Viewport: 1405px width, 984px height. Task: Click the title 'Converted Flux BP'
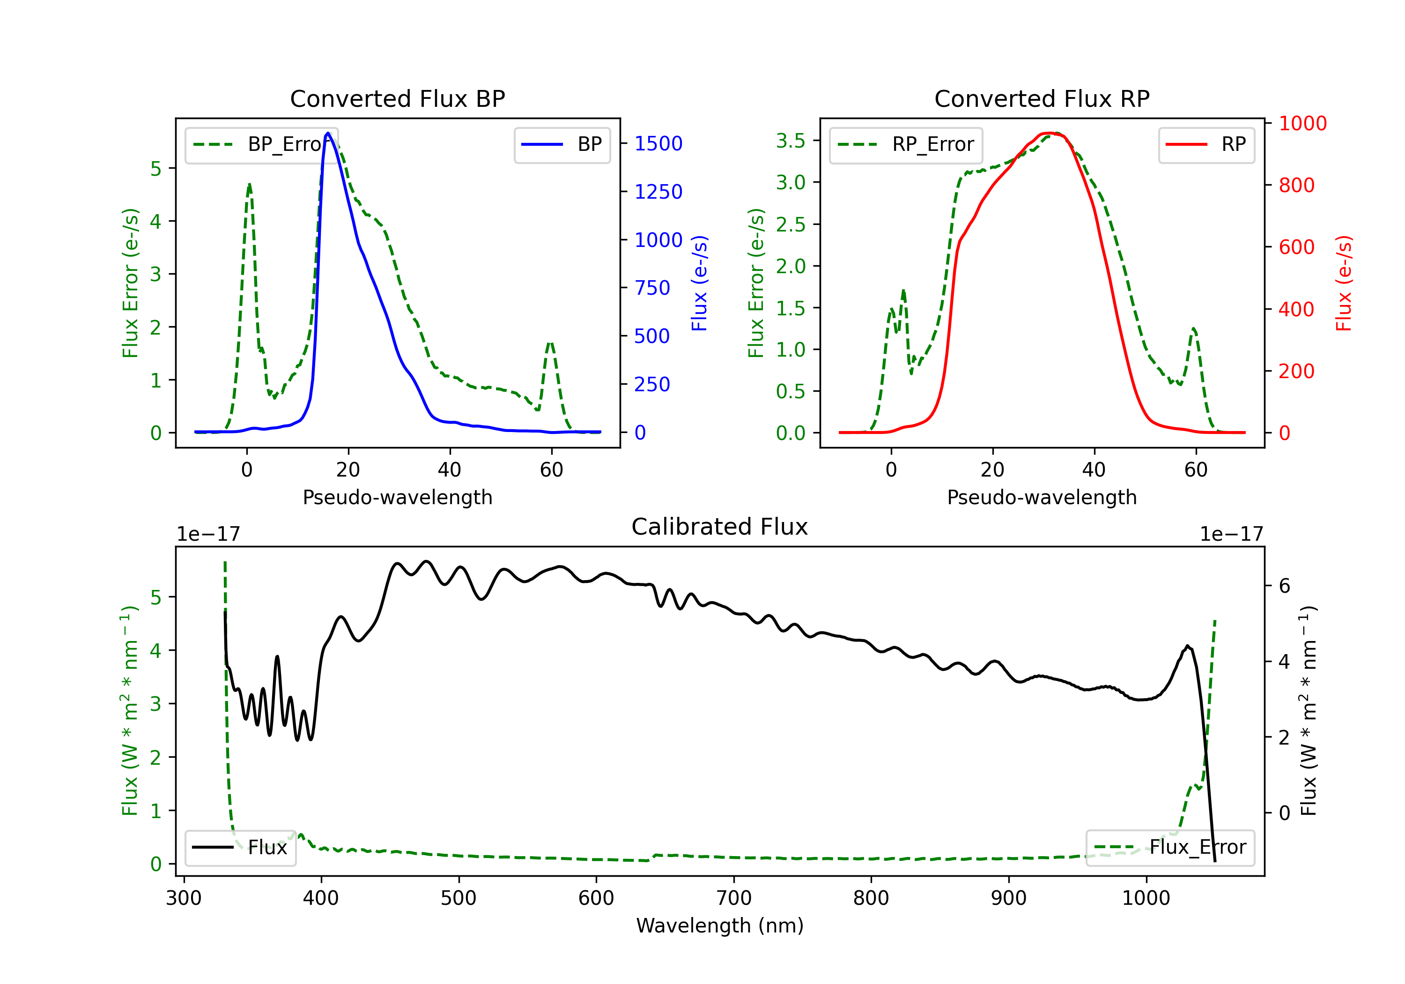pos(397,98)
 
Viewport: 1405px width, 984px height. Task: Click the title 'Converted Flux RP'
pos(1042,98)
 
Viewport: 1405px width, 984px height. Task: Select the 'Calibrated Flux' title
pos(720,527)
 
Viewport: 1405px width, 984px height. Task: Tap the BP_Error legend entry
pos(261,144)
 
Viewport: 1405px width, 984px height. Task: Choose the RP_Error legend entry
pos(906,144)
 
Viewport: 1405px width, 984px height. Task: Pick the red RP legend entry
pos(1206,144)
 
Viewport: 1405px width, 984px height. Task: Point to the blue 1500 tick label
pos(658,143)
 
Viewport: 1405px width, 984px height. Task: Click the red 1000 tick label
pos(1303,123)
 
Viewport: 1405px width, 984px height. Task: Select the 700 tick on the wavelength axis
pos(734,898)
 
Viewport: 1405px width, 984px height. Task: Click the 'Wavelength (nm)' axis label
pos(720,925)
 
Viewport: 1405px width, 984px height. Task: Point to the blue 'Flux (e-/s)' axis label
pos(699,283)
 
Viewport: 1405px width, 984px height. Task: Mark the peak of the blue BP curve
pos(328,133)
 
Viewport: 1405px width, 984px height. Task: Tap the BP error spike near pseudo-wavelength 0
pos(249,184)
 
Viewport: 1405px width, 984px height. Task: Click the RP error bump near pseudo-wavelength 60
pos(1193,329)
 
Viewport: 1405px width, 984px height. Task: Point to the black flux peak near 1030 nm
pos(1187,646)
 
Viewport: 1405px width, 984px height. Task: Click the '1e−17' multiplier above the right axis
pos(1231,534)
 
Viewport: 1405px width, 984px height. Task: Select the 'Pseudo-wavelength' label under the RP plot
pos(1042,497)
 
